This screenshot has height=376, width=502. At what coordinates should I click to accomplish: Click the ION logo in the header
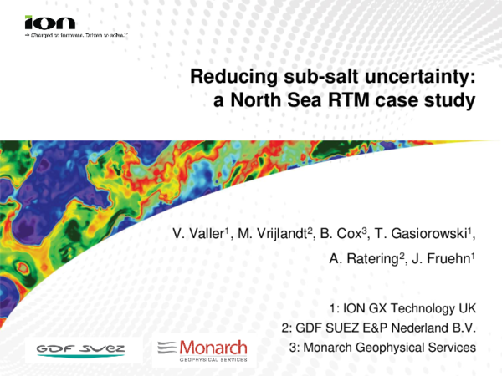point(49,23)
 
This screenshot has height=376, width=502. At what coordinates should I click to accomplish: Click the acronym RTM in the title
point(355,103)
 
